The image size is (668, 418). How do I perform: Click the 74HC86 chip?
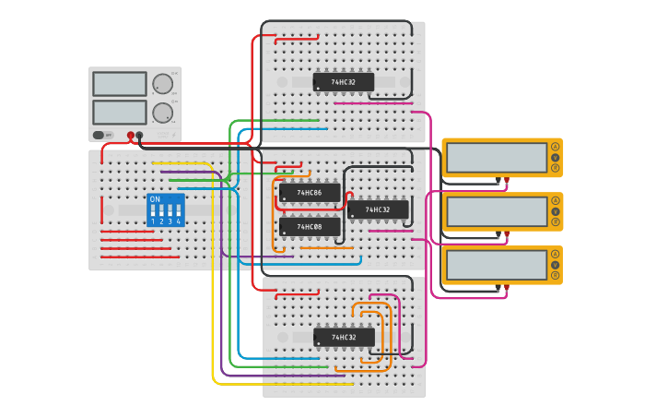(x=310, y=193)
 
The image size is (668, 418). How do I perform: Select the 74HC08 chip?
(x=310, y=226)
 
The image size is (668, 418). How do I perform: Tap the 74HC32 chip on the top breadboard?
(x=344, y=82)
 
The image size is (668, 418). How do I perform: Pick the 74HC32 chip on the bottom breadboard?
(x=344, y=338)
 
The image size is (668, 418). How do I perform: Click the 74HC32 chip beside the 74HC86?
(x=378, y=209)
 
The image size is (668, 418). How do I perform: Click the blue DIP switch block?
(x=166, y=210)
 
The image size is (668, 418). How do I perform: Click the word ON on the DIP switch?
(x=155, y=199)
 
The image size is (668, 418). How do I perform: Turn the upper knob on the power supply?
(x=163, y=84)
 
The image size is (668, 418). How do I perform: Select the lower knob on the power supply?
(x=163, y=113)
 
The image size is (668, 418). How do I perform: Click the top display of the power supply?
(x=120, y=84)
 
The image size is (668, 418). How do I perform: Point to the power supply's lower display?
(x=120, y=113)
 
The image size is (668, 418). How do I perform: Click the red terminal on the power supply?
(x=131, y=136)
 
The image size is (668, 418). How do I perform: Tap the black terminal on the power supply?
(x=140, y=136)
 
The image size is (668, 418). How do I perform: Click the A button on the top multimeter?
(x=556, y=147)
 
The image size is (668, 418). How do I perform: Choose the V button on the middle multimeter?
(x=556, y=211)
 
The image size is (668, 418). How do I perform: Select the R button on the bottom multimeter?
(x=556, y=275)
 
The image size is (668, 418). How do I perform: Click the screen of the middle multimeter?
(x=497, y=211)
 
